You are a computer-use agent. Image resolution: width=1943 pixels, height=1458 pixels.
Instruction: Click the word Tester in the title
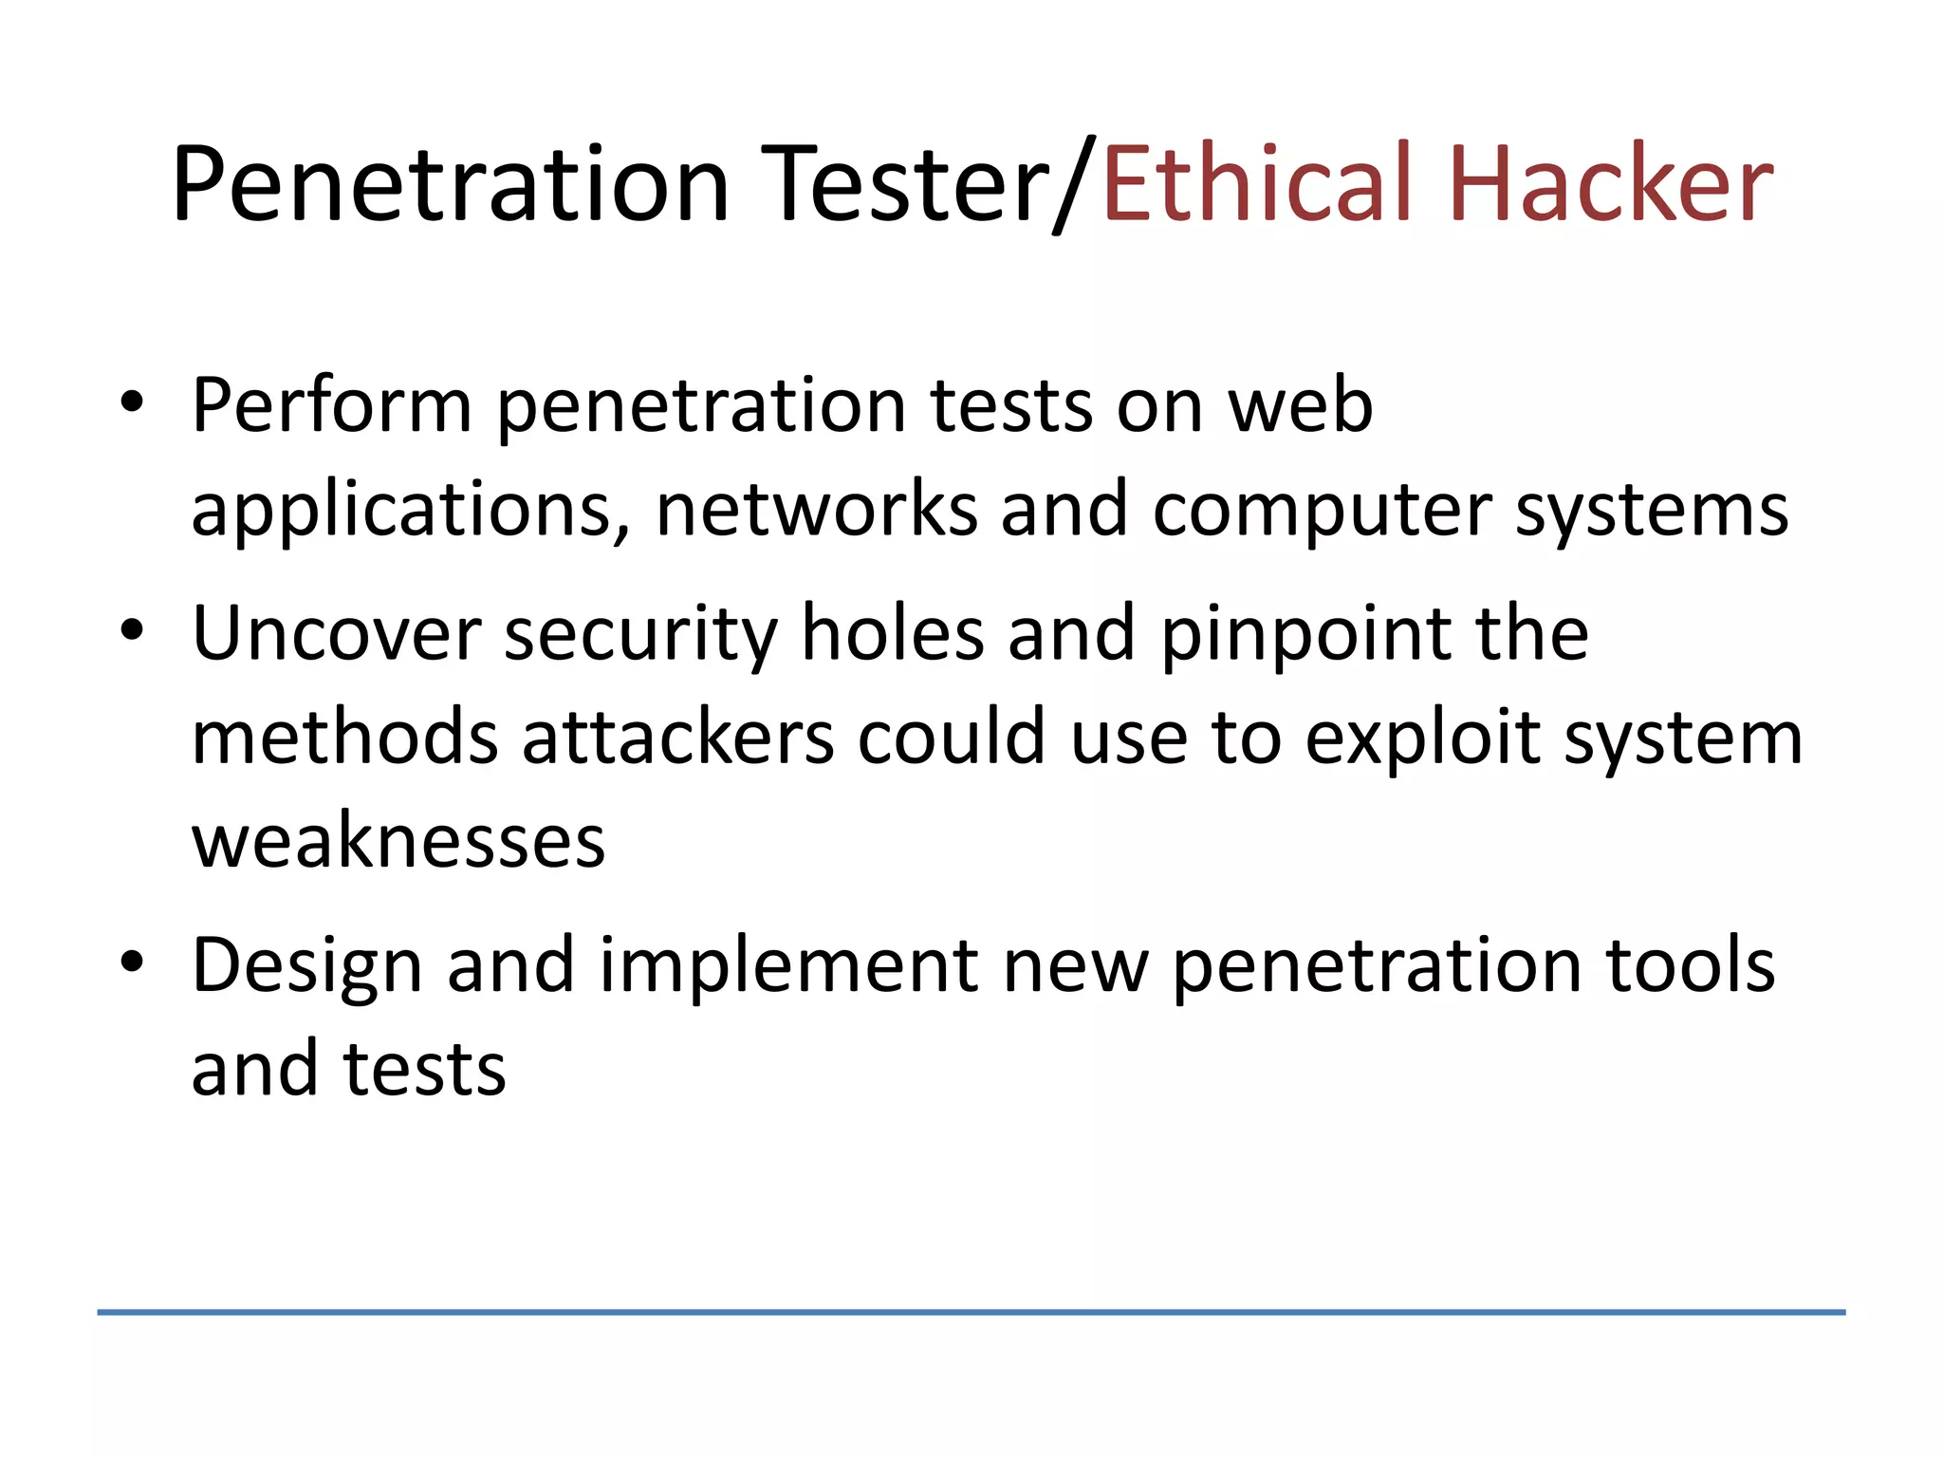tap(909, 184)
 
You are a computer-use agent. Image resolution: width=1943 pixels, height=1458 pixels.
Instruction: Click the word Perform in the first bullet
tap(332, 406)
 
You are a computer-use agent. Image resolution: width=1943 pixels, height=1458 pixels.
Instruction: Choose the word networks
tap(816, 511)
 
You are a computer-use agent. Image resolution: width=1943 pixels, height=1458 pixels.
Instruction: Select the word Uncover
tap(337, 634)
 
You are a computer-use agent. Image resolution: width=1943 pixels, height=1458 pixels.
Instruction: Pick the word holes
tap(893, 634)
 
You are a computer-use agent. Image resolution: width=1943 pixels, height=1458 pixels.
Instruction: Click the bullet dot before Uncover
tap(132, 630)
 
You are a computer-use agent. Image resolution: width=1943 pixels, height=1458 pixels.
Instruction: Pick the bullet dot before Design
tap(132, 963)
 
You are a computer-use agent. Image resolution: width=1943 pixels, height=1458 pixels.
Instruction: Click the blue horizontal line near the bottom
tap(971, 1312)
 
